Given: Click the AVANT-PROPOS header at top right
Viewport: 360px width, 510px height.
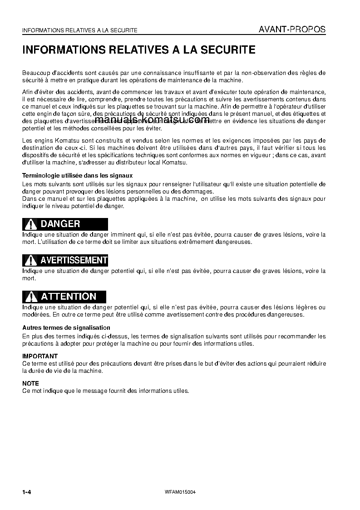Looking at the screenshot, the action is point(292,30).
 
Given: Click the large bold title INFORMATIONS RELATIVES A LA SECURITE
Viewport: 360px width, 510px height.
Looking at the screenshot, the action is point(139,50).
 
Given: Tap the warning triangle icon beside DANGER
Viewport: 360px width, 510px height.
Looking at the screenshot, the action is point(30,224).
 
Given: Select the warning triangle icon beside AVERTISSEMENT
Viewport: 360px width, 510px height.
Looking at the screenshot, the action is point(30,260).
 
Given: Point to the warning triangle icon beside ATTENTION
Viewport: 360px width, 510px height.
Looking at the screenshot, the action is point(30,297).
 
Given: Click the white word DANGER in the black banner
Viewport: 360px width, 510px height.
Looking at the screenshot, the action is point(60,224).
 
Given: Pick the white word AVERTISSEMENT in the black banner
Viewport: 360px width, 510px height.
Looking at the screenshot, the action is point(74,260).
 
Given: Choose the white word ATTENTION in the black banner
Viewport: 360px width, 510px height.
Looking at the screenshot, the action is point(69,297).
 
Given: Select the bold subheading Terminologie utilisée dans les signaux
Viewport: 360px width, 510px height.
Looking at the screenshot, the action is point(77,175).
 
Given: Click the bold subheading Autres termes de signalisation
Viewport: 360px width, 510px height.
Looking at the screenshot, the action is point(66,327).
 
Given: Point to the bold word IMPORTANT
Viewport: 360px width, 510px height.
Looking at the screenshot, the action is point(40,357).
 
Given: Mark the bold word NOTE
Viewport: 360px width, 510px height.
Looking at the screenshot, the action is point(31,383).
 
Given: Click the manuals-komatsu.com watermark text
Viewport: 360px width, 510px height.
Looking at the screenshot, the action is point(153,119).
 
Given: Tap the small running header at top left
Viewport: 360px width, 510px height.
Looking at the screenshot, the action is point(80,30).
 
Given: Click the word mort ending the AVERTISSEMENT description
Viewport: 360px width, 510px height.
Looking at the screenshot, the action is point(29,278).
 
